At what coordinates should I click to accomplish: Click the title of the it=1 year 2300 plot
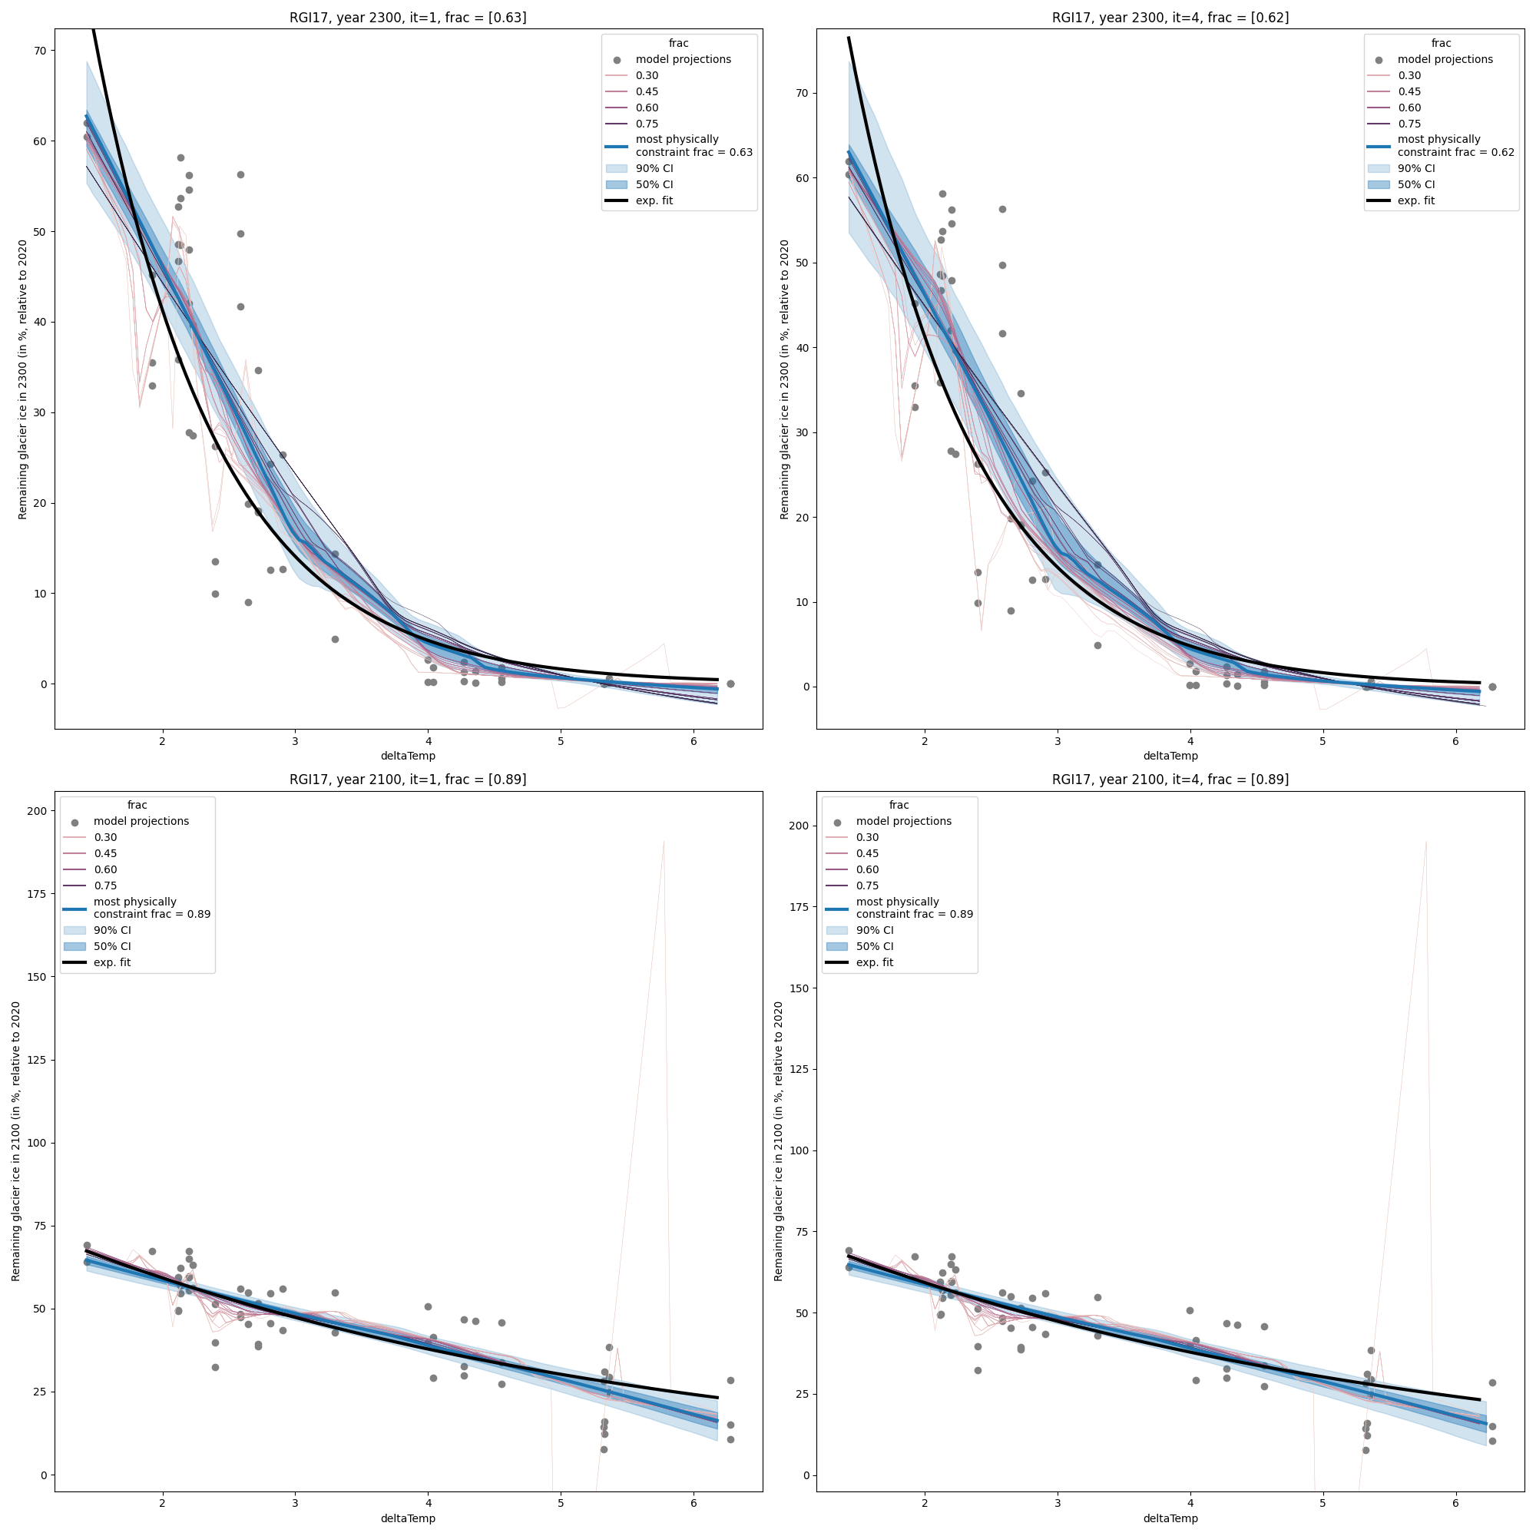(407, 18)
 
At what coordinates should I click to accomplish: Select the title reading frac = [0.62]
(1170, 18)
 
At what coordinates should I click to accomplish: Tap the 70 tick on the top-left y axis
(41, 51)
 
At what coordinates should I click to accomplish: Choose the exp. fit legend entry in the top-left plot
(654, 201)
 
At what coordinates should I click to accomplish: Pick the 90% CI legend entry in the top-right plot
(1416, 168)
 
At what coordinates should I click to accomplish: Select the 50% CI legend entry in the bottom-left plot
(112, 947)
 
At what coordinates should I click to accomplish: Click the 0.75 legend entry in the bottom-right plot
(867, 886)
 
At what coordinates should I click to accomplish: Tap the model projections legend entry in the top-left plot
(683, 60)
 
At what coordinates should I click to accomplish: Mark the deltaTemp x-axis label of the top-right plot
(1170, 756)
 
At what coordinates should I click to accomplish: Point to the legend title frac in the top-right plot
(1441, 44)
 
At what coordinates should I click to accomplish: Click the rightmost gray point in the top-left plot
(730, 684)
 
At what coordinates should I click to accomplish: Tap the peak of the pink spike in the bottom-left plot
(663, 842)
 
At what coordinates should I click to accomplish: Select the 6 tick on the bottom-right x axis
(1455, 1505)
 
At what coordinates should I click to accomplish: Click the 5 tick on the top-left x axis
(561, 742)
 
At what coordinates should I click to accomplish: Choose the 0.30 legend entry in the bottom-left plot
(105, 837)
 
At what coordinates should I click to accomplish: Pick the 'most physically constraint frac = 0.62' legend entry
(1455, 145)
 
